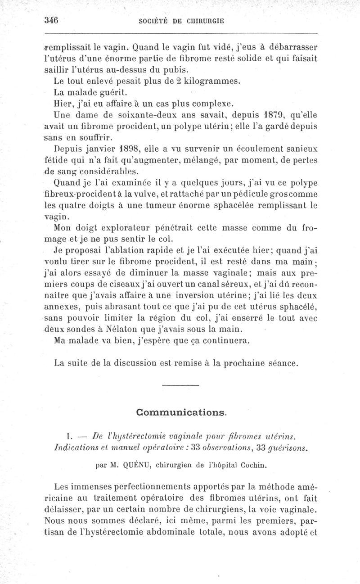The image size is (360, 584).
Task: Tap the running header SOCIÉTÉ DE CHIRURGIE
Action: point(181,21)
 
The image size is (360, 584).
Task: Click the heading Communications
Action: point(181,412)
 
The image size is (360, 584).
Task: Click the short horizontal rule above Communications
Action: point(180,385)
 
